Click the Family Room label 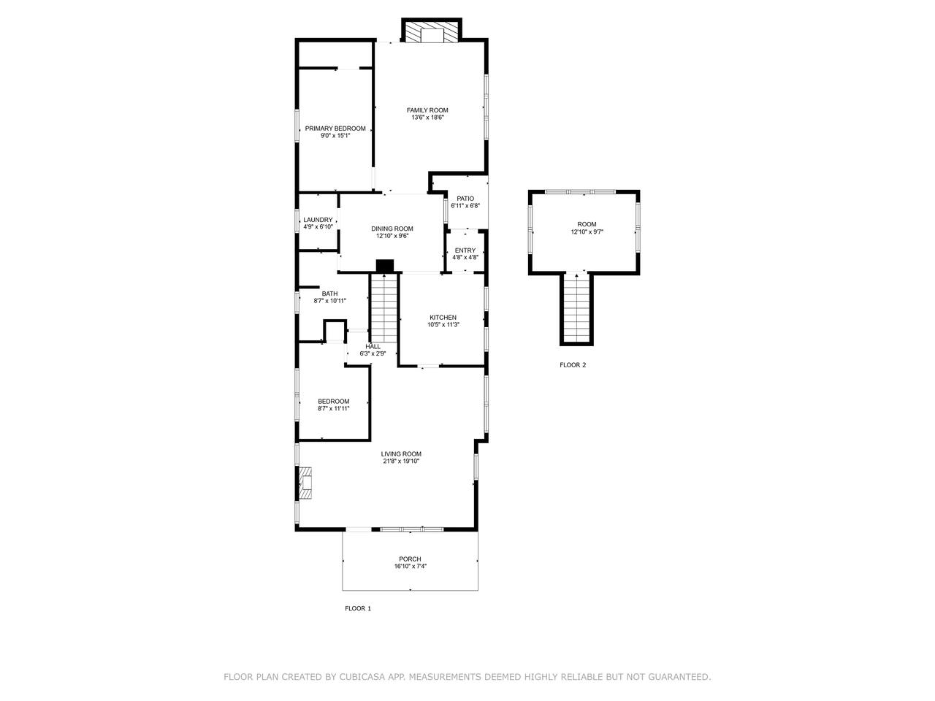[x=427, y=110]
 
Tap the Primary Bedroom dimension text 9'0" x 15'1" [x=335, y=136]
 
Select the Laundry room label [x=318, y=220]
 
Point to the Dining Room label [x=392, y=229]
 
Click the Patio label [x=465, y=199]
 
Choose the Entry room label [x=465, y=250]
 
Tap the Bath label [x=329, y=294]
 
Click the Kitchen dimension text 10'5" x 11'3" [x=443, y=325]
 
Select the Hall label [x=373, y=347]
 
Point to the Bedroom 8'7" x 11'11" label [x=334, y=402]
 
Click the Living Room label [x=401, y=454]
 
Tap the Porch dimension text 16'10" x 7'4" [x=411, y=567]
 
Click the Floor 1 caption [x=358, y=609]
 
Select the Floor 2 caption [x=573, y=365]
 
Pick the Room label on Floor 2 [x=587, y=224]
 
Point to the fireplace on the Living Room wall [x=305, y=483]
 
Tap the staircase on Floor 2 [x=576, y=308]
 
